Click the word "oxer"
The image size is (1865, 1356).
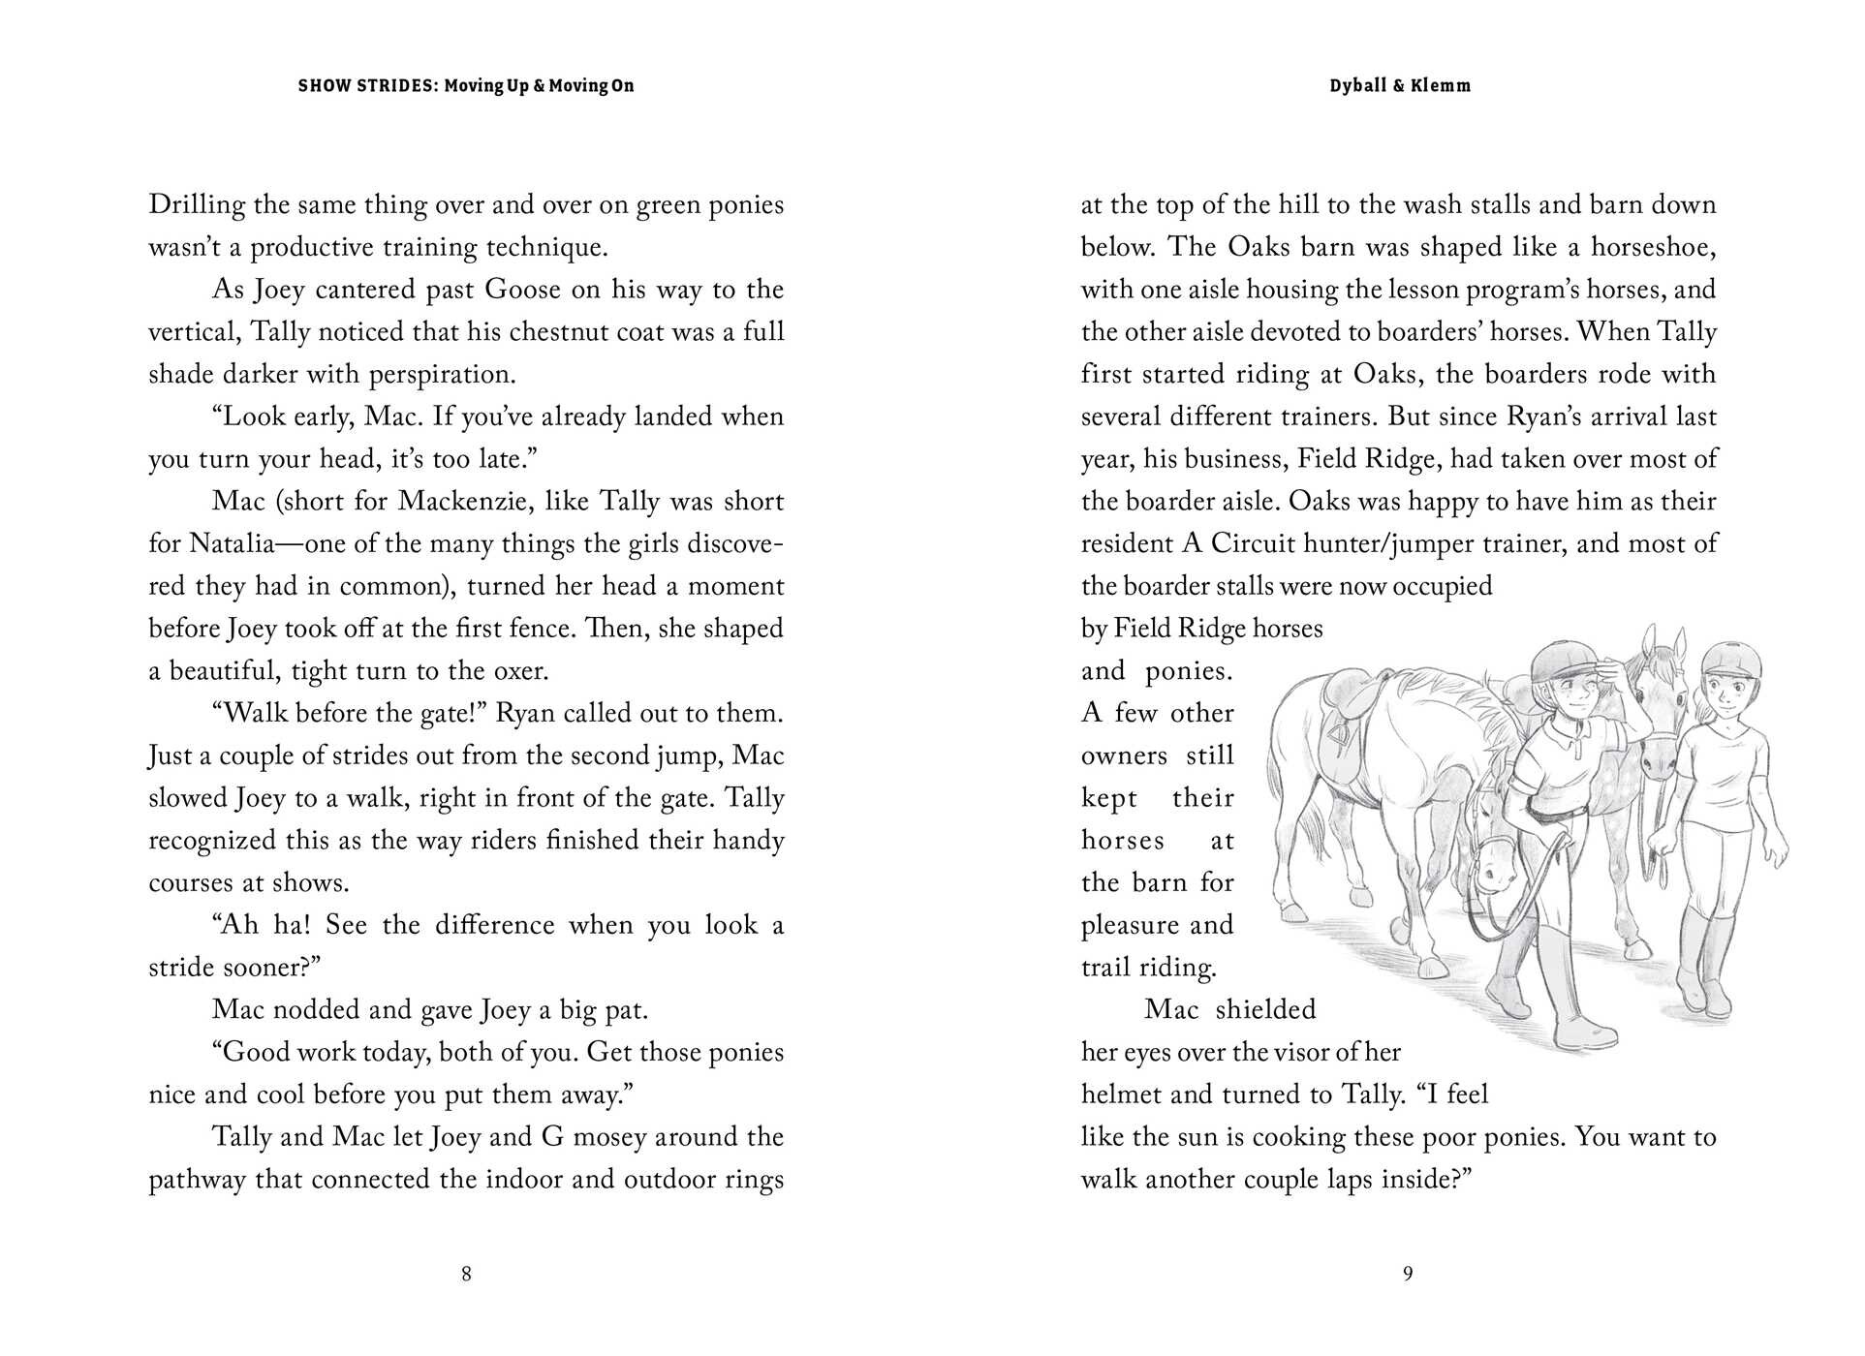(x=524, y=672)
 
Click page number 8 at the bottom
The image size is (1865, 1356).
(x=466, y=1275)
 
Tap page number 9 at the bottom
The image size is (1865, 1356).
(x=1408, y=1275)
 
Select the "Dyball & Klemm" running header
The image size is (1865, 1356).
(x=1400, y=86)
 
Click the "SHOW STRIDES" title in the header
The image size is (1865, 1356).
(x=365, y=86)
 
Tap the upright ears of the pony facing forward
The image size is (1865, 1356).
(x=1662, y=644)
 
